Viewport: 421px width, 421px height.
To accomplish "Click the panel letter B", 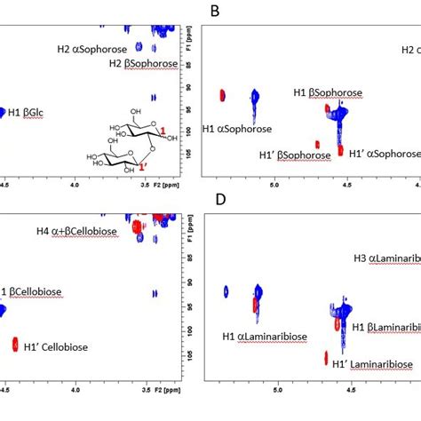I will coord(213,12).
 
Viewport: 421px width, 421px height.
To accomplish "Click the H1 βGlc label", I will coord(37,111).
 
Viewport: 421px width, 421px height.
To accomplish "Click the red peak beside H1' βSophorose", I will coord(317,144).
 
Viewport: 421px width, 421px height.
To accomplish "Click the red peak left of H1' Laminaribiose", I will coord(325,358).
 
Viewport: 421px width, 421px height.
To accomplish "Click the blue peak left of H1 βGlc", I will coord(3,112).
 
